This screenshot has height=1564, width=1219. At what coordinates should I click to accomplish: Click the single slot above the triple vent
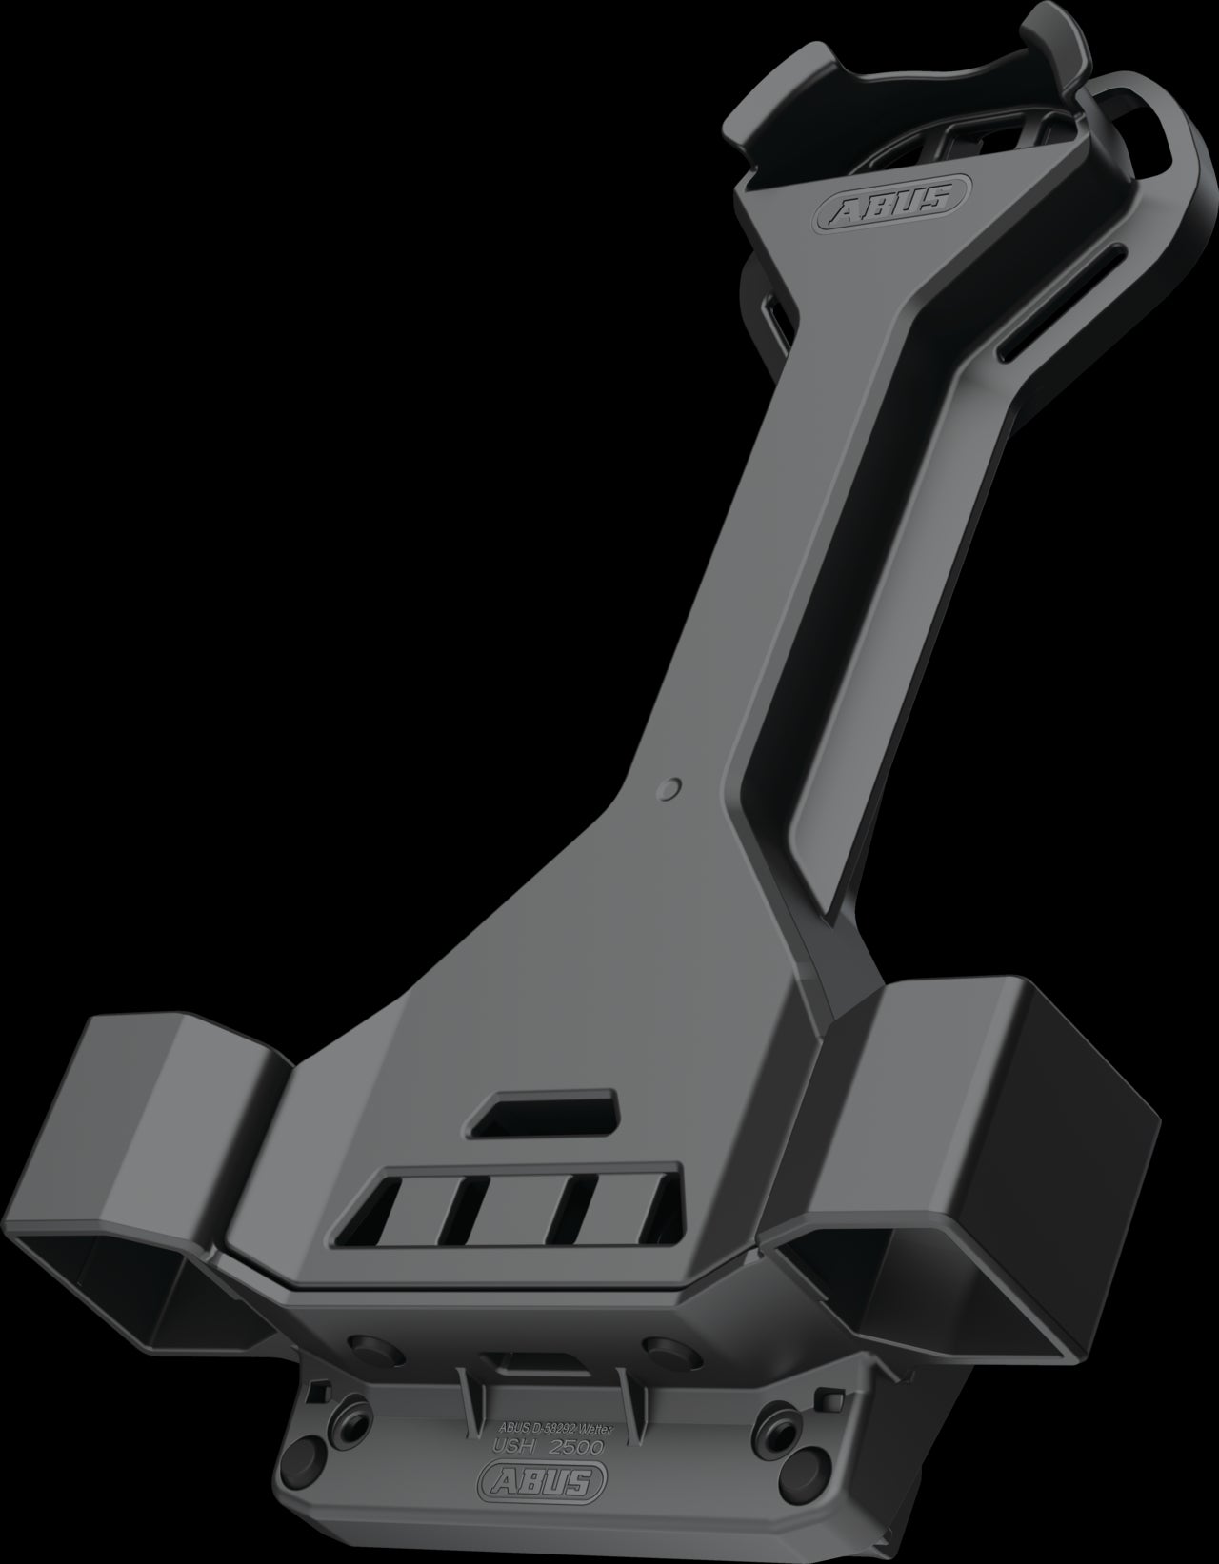click(x=544, y=1113)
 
